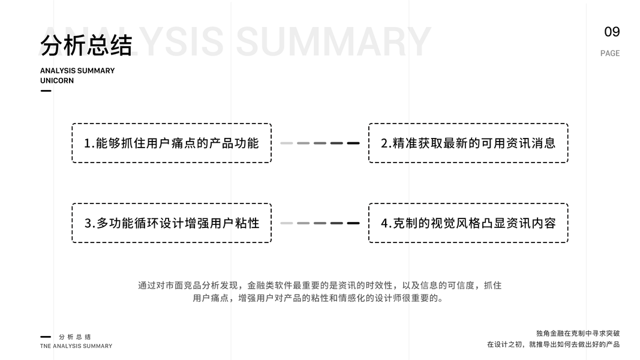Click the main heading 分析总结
coord(86,46)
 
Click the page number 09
coord(612,32)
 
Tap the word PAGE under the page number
coord(610,53)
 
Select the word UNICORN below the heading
coord(57,81)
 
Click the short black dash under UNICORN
coord(46,91)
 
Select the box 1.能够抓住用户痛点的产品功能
coord(172,143)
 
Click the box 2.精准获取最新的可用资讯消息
coord(468,143)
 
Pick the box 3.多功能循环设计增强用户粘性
coord(172,223)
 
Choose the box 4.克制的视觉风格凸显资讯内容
coord(468,223)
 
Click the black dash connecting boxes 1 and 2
coord(353,143)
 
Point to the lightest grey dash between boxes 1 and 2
coord(286,143)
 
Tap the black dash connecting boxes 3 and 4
coord(353,223)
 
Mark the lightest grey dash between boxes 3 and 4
coord(286,223)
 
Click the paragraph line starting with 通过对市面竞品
coord(320,286)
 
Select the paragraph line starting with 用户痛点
coord(320,298)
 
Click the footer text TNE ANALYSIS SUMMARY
coord(76,346)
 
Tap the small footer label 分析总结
coord(75,337)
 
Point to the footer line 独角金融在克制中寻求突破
coord(578,334)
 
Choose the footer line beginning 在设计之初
coord(553,344)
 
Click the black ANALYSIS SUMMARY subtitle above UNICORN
coord(77,71)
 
